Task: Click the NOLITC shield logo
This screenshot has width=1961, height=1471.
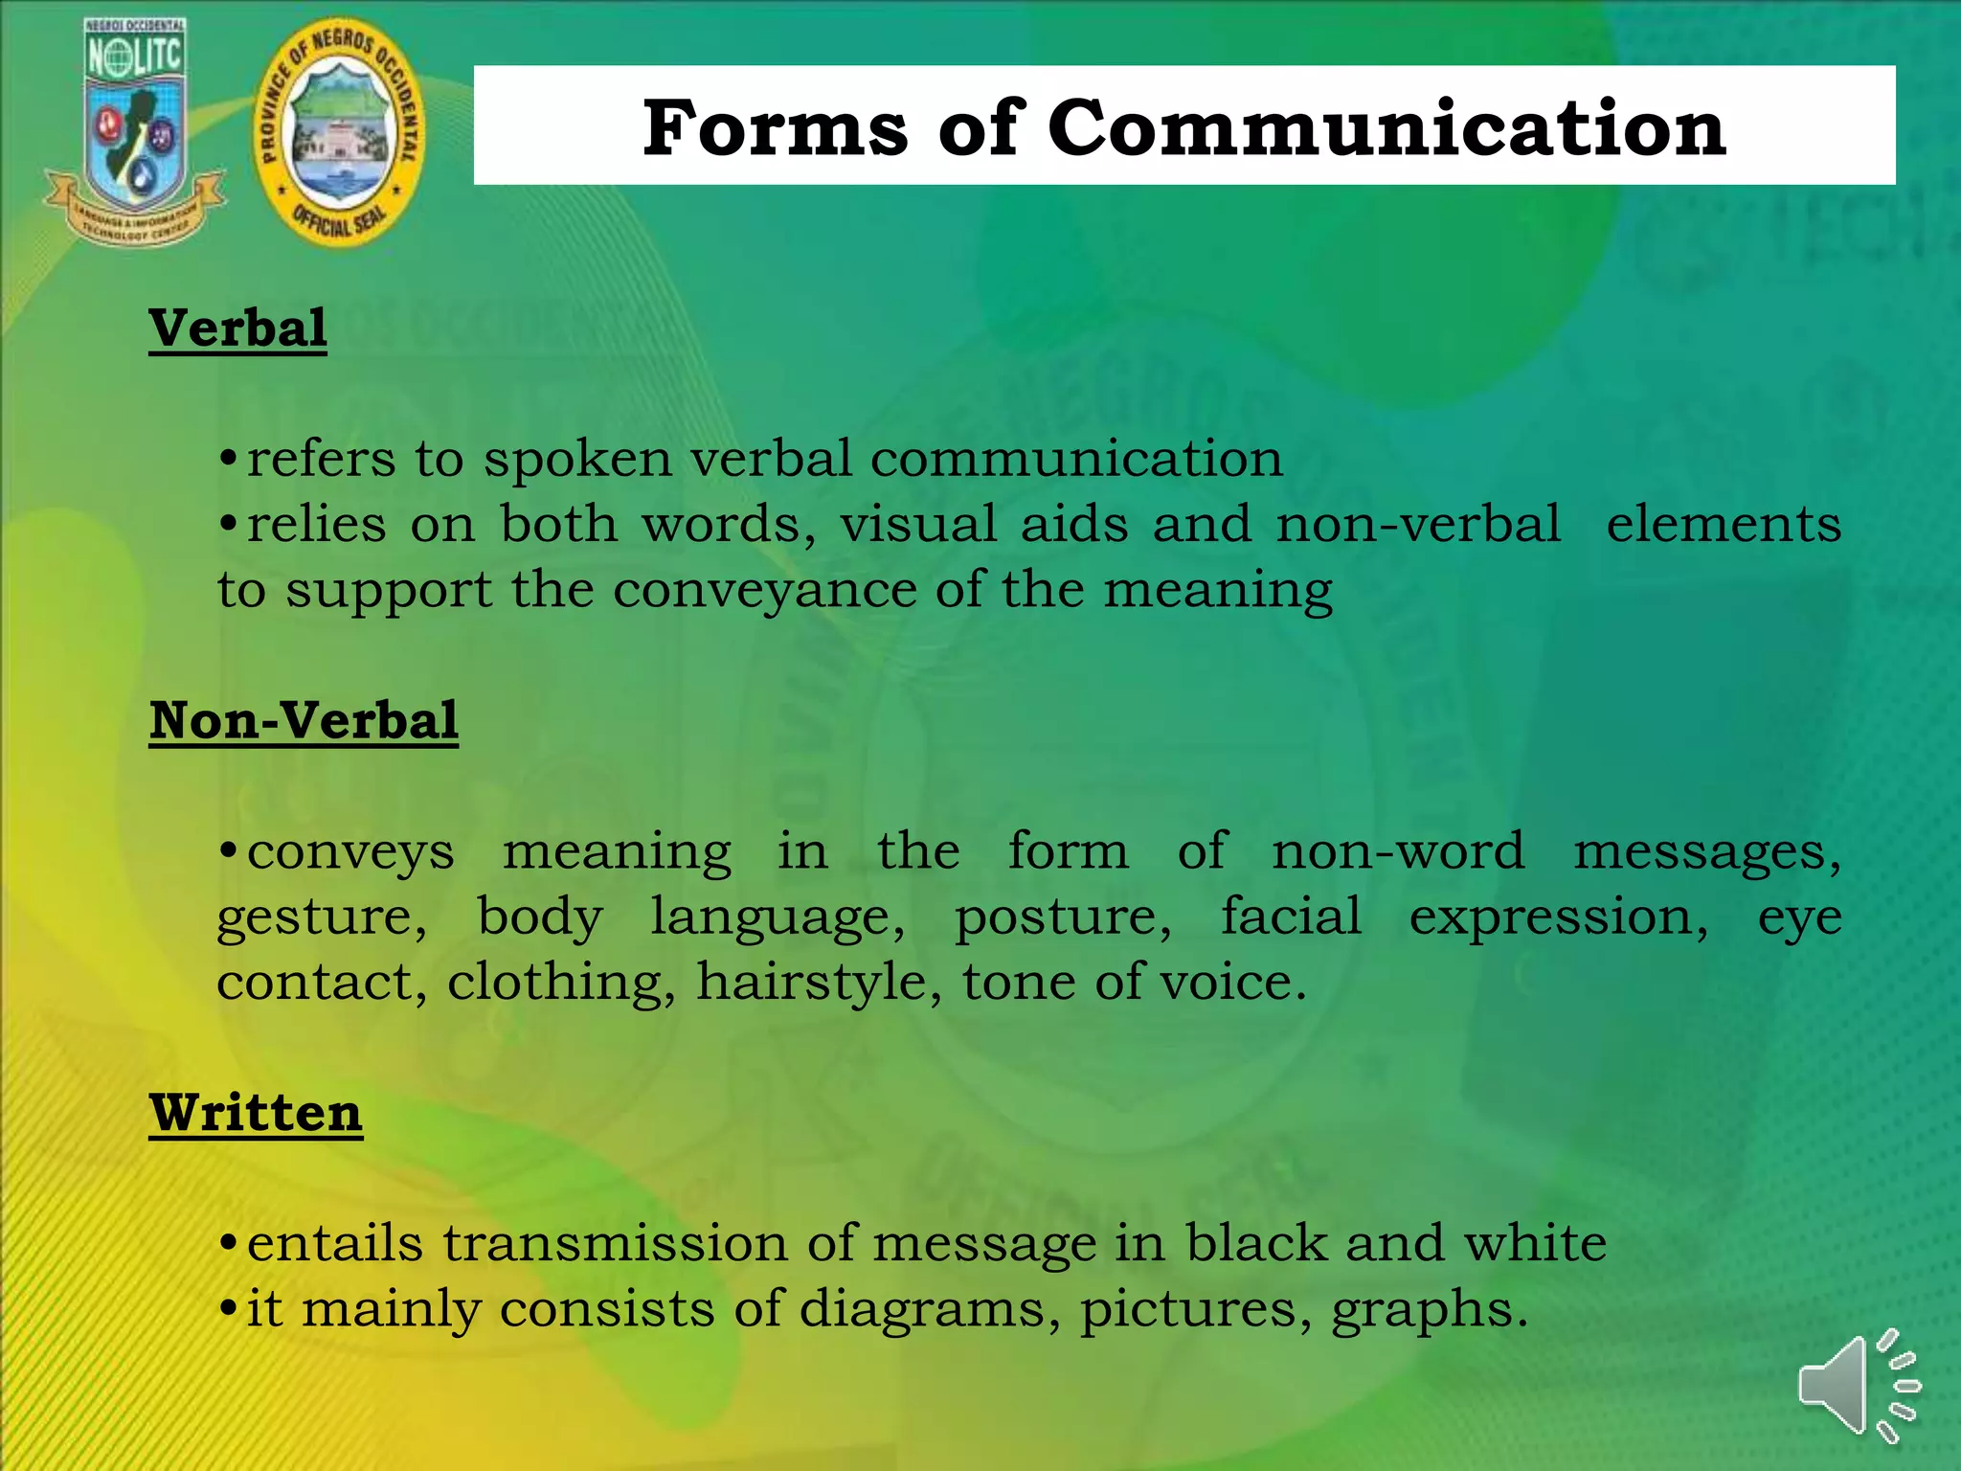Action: click(134, 129)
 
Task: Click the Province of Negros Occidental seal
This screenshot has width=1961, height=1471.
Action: click(339, 132)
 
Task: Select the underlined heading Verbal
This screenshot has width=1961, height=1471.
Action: click(237, 328)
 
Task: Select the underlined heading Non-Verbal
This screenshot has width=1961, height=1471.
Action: click(304, 720)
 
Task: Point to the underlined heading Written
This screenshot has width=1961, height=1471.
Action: click(256, 1113)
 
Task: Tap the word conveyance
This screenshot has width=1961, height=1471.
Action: click(764, 590)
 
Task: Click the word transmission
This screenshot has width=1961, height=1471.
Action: click(615, 1243)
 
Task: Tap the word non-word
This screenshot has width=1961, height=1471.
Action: click(1397, 851)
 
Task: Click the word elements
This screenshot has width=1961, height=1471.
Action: click(1723, 525)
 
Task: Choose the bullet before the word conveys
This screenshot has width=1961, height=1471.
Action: click(228, 850)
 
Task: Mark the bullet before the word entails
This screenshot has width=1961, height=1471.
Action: click(228, 1243)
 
